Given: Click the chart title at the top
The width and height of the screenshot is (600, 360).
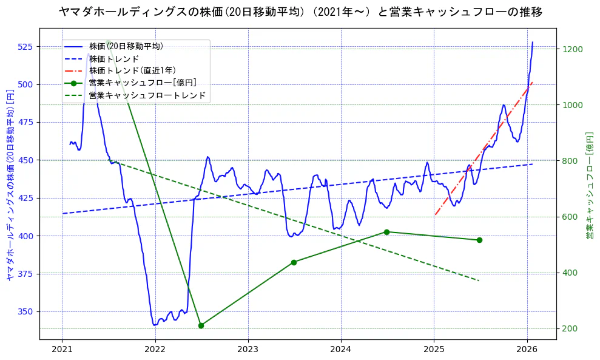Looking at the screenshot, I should tap(300, 12).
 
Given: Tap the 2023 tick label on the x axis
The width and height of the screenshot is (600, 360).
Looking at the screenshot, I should tap(248, 349).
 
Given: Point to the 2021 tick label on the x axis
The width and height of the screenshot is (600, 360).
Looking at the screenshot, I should tap(62, 349).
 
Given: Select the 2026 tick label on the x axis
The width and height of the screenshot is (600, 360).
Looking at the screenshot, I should tap(527, 349).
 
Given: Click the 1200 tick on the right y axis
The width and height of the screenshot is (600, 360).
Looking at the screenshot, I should tap(573, 49).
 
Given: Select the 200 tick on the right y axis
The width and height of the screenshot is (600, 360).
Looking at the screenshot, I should tap(570, 328).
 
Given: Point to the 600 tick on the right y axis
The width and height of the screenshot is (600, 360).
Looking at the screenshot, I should tap(570, 217).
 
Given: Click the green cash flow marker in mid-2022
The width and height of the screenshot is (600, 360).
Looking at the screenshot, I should tap(201, 325).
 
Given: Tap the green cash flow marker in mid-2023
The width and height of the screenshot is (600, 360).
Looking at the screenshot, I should tap(294, 262).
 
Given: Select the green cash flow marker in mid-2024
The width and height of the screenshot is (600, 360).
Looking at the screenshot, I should tap(386, 232).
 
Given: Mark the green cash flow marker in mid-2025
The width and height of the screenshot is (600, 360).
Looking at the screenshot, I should tap(479, 240).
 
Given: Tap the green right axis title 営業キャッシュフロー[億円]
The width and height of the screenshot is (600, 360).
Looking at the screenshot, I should tap(589, 185).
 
